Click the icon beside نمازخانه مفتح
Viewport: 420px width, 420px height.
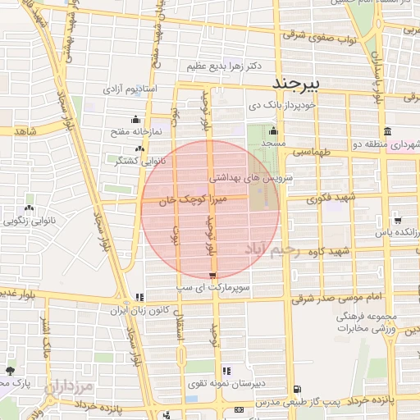click(x=135, y=120)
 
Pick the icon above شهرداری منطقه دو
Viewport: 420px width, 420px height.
click(x=386, y=131)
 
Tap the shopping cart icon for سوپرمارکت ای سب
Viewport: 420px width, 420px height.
click(x=213, y=276)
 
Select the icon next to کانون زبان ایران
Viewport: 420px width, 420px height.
click(x=139, y=297)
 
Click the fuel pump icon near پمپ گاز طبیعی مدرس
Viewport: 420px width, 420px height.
click(x=296, y=390)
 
